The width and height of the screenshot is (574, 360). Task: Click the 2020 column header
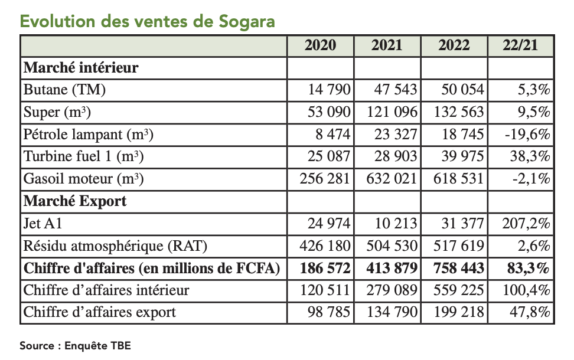click(320, 46)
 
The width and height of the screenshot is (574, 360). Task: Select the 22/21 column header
click(520, 46)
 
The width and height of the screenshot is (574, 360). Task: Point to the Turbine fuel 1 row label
click(83, 156)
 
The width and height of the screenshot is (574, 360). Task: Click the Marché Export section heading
click(75, 201)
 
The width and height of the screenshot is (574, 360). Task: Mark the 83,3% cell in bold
click(528, 268)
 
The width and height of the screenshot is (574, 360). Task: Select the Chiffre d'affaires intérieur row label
click(106, 290)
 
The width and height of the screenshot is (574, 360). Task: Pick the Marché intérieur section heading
click(81, 67)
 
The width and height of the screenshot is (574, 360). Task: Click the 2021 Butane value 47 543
click(394, 90)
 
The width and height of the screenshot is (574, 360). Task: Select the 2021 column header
click(387, 46)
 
